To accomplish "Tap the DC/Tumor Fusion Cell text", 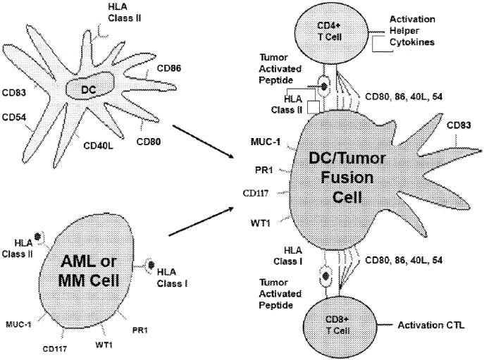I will click(337, 176).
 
